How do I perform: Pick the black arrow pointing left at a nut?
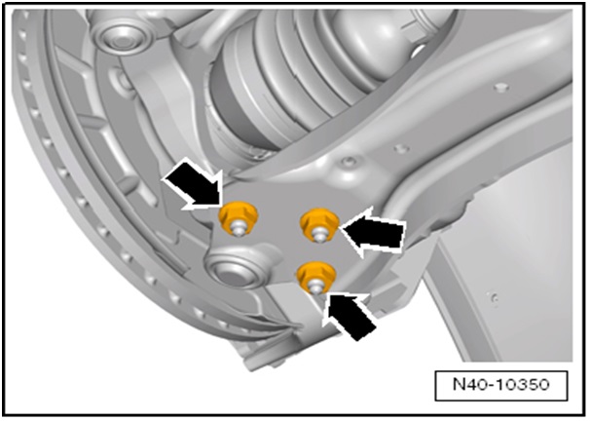(375, 234)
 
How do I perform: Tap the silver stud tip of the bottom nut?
(316, 286)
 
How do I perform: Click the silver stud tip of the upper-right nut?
(318, 234)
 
